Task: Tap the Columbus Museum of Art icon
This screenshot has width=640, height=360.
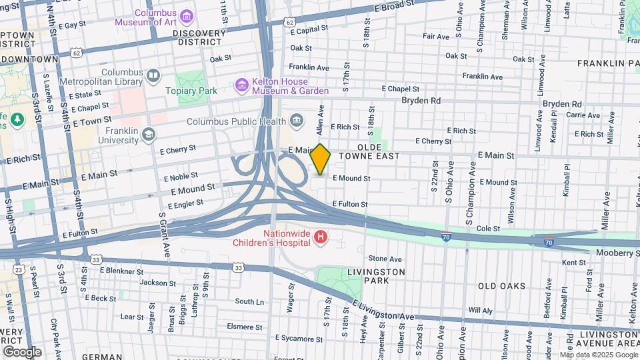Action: tap(186, 15)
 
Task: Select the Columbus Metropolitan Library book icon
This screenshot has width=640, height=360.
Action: tap(154, 75)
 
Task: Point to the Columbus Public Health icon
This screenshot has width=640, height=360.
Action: tap(297, 121)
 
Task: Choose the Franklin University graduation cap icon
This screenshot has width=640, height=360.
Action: tap(148, 135)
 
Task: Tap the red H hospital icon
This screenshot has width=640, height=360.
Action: tap(321, 237)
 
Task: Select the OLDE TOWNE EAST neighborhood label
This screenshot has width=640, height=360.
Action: tap(369, 151)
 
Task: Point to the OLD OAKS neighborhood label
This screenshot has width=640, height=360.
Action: tap(501, 286)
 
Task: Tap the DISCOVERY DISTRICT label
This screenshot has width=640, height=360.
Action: tap(197, 37)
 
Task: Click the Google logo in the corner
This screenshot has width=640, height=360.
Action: tap(22, 352)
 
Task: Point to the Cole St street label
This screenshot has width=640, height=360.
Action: tap(488, 228)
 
